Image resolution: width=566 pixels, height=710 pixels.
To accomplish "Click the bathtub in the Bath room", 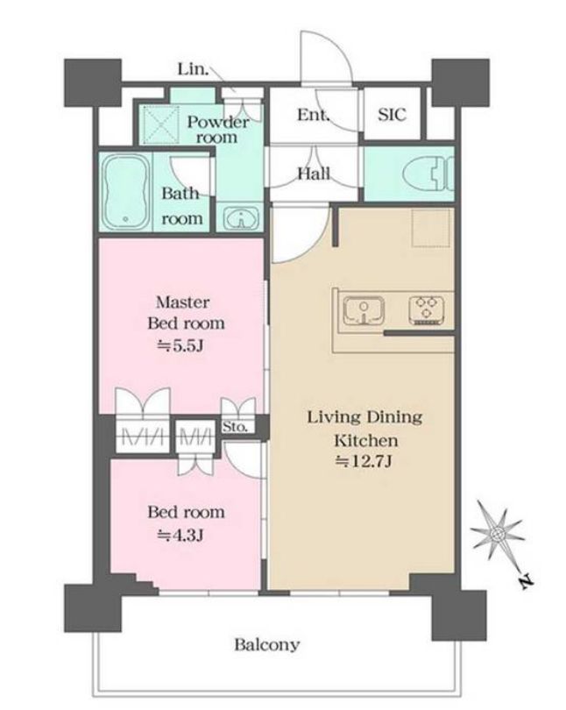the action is point(126,193).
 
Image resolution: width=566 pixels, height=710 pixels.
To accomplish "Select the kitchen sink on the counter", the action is point(364,310).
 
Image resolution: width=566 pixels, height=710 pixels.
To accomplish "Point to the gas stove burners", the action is point(427,310).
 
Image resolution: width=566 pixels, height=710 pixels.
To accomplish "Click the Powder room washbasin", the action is point(241,218).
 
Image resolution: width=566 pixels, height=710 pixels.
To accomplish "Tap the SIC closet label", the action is point(392,115).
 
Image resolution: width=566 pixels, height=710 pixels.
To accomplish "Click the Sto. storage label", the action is point(235,427).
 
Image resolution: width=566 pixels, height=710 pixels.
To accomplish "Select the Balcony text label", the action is point(267,644).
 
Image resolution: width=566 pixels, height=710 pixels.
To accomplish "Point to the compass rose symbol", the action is point(498,533).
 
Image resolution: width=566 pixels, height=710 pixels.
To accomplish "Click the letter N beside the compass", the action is point(527,580).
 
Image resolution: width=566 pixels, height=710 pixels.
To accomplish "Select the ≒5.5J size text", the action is point(180,346).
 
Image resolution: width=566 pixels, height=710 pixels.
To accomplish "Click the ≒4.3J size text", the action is point(180,536).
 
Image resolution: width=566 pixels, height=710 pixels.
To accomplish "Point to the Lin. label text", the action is point(193,69).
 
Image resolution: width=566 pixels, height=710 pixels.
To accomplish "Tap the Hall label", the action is point(314,174).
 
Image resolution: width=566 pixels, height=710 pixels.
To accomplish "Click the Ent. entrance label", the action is point(313,115).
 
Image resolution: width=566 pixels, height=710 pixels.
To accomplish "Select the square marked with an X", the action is point(160,124).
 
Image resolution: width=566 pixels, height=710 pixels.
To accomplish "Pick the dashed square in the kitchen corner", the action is point(431,228).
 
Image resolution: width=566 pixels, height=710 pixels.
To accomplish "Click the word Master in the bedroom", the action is point(183,302).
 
